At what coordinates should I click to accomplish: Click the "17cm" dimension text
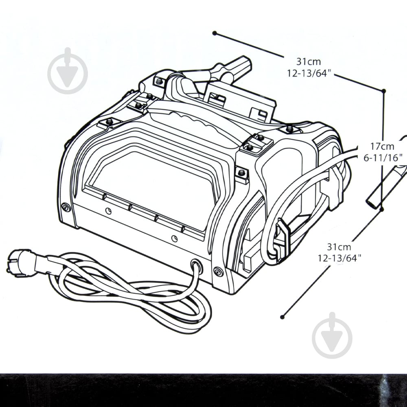pos(382,147)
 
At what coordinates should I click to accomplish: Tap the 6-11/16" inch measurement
pos(383,158)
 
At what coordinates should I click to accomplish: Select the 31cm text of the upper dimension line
pos(309,62)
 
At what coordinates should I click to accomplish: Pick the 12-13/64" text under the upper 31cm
pos(309,73)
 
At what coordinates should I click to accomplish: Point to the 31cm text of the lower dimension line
pos(339,247)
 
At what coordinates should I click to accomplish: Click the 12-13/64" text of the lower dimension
pos(340,258)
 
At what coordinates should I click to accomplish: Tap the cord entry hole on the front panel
pos(197,266)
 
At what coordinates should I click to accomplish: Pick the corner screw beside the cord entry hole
pos(218,271)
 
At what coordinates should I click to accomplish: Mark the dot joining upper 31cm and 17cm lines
pos(384,91)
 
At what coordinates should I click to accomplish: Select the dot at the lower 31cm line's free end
pos(282,317)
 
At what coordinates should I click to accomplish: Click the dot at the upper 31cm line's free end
pos(214,33)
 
